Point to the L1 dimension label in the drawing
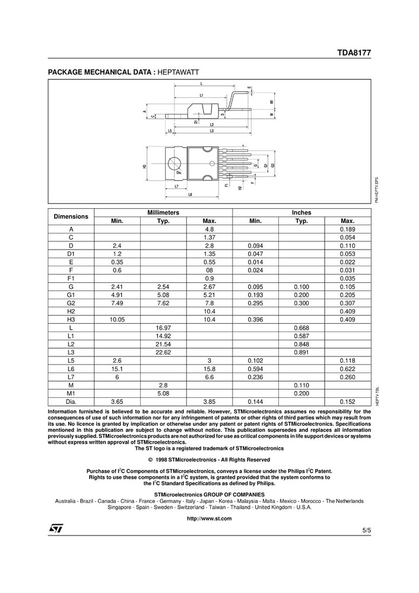(201, 95)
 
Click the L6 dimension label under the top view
(190, 194)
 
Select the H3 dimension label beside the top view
(144, 167)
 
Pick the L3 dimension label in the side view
(211, 130)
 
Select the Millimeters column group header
(163, 212)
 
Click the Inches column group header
(301, 212)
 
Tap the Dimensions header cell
(71, 216)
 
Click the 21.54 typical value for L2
(163, 344)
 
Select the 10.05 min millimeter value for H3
(117, 320)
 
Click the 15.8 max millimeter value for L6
(209, 369)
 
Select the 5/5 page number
(366, 529)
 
